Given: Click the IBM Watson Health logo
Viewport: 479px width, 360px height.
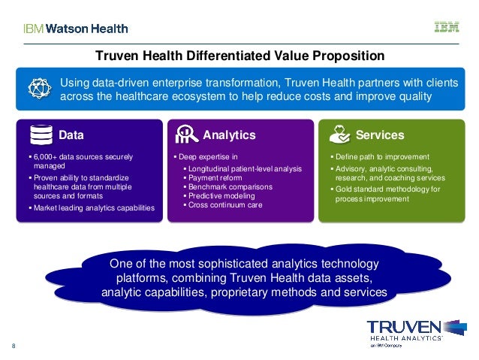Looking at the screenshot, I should [x=75, y=29].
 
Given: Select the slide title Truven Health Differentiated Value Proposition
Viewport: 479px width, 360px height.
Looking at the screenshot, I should [x=239, y=56].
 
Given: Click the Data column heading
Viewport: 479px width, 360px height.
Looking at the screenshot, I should [x=71, y=135].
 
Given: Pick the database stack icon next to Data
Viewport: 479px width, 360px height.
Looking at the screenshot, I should [x=41, y=135].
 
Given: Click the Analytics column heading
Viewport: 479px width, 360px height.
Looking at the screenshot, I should [x=229, y=135].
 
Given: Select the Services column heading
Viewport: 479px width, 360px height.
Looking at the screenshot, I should [x=380, y=135].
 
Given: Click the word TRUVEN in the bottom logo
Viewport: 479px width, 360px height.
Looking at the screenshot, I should [x=403, y=328].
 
